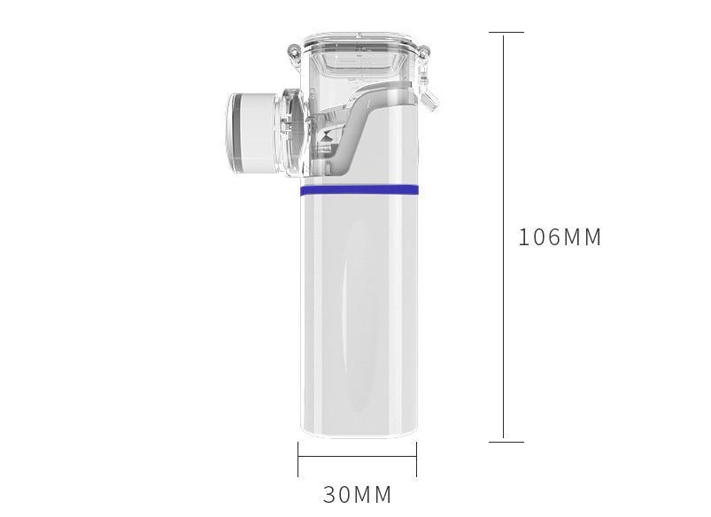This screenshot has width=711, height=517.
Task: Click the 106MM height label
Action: [x=560, y=237]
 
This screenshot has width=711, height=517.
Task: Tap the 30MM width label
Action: [x=358, y=494]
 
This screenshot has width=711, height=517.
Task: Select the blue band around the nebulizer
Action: [x=359, y=190]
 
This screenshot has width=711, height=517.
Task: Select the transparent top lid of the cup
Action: [x=359, y=43]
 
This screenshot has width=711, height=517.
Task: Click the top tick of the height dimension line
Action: [x=506, y=32]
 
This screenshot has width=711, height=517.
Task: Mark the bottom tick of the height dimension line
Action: [x=506, y=442]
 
